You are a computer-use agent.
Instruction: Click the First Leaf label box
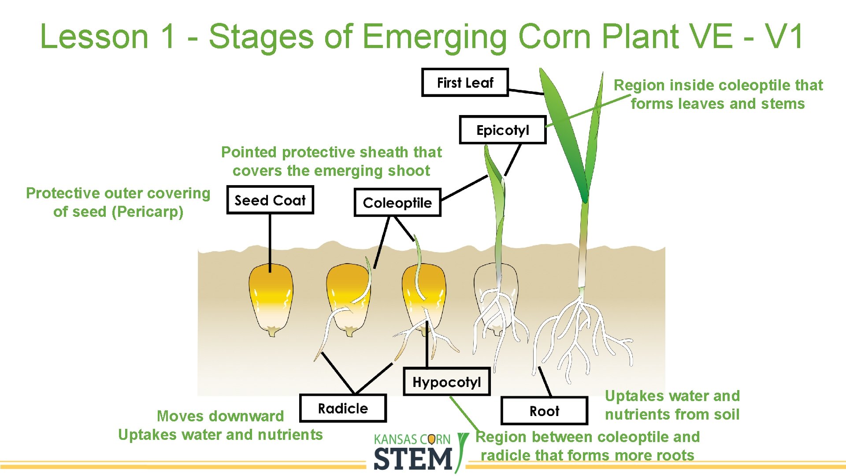tap(465, 82)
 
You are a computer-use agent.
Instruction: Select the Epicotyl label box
tap(502, 130)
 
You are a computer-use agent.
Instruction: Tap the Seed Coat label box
tap(270, 201)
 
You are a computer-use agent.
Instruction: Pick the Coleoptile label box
tap(397, 203)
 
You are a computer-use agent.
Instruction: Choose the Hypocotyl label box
tap(446, 382)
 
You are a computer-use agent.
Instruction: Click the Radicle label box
tap(343, 409)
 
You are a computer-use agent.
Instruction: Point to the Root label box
tap(544, 411)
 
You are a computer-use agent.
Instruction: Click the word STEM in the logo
tap(413, 459)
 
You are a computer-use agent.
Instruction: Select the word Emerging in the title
tap(434, 37)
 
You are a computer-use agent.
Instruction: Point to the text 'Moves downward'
tap(220, 416)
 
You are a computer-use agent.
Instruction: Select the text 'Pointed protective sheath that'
tap(331, 152)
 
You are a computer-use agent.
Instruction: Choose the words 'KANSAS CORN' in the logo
tap(412, 439)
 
